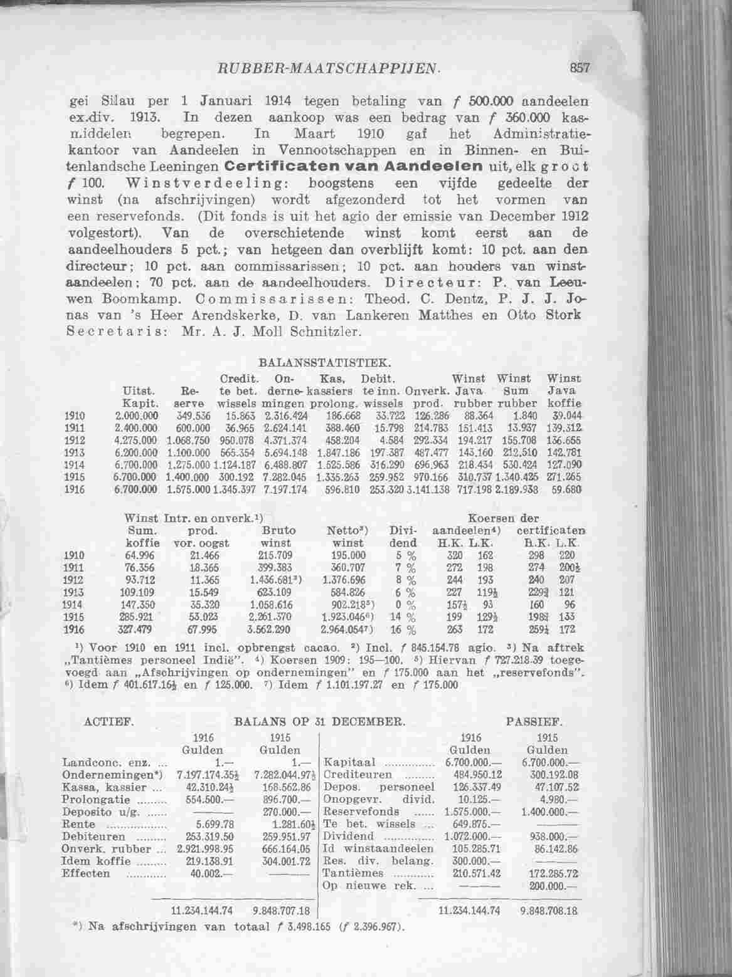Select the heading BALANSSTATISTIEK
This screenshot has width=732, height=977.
pos(325,363)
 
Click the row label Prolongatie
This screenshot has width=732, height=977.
pos(88,800)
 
